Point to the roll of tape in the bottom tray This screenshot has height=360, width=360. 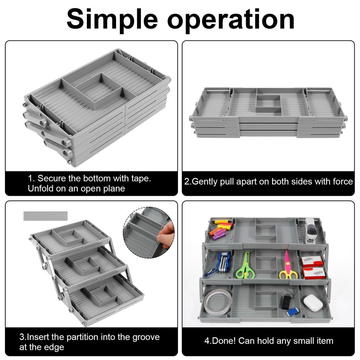218,302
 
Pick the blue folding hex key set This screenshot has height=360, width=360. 222,262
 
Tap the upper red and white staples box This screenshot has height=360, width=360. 312,261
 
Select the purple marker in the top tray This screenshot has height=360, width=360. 219,234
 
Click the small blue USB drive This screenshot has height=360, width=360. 292,311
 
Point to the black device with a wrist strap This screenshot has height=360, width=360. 287,301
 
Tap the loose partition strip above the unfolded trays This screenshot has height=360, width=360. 45,216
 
